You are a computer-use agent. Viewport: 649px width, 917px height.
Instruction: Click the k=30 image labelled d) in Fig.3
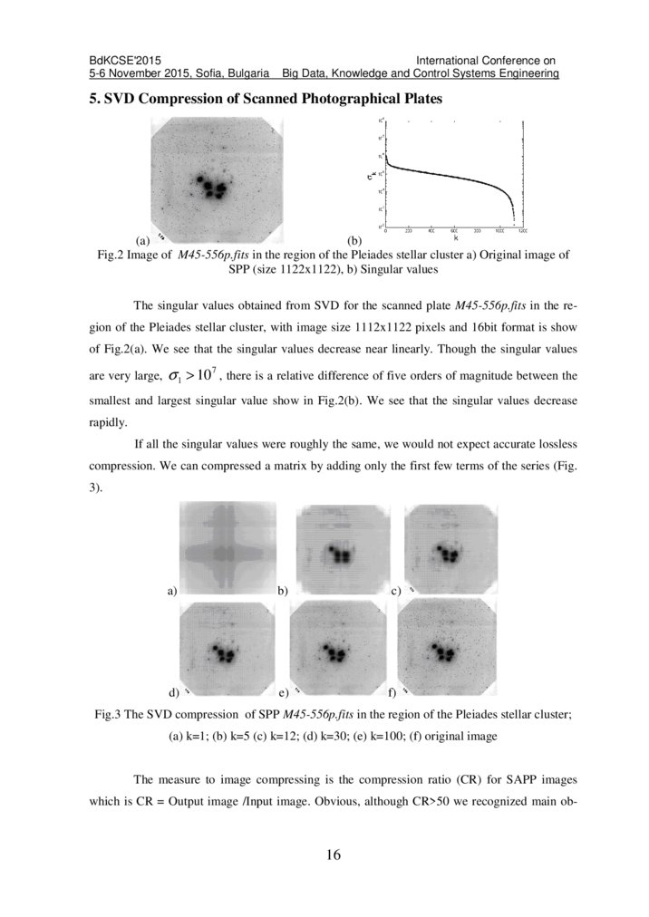coord(226,649)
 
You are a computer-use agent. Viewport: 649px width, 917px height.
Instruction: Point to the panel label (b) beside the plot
coord(356,241)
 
